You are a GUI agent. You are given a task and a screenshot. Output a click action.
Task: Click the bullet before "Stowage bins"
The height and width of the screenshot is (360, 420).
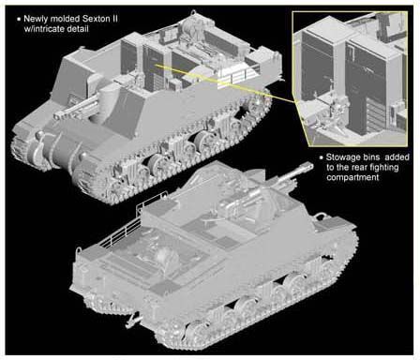322,157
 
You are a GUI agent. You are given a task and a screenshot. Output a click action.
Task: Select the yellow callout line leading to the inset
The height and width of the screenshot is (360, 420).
225,82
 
